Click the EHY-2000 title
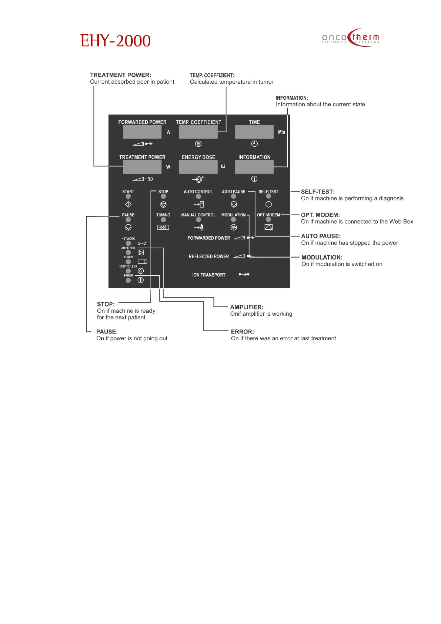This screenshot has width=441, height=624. (x=115, y=41)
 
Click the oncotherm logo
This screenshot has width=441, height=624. (x=350, y=37)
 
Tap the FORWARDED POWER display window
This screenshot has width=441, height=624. (x=142, y=132)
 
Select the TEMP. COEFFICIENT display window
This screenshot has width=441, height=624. (x=198, y=132)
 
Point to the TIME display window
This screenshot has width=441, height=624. (x=254, y=132)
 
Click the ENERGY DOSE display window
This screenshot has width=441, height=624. (x=198, y=167)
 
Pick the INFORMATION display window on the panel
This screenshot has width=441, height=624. (x=254, y=167)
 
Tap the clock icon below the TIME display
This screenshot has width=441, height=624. (x=254, y=144)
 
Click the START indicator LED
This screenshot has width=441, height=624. (x=128, y=196)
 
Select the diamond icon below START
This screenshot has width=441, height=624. (x=128, y=205)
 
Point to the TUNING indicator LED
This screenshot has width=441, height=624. (x=163, y=220)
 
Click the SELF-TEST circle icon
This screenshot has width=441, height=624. (x=268, y=205)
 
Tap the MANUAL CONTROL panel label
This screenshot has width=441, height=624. (x=198, y=215)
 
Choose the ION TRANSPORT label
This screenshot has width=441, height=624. (x=209, y=275)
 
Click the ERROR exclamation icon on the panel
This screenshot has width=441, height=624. (x=141, y=280)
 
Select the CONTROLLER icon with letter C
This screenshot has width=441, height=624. (x=141, y=271)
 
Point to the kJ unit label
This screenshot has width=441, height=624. (x=223, y=167)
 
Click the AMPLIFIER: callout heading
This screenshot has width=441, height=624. (x=247, y=307)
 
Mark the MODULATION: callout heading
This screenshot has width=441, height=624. (x=322, y=258)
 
